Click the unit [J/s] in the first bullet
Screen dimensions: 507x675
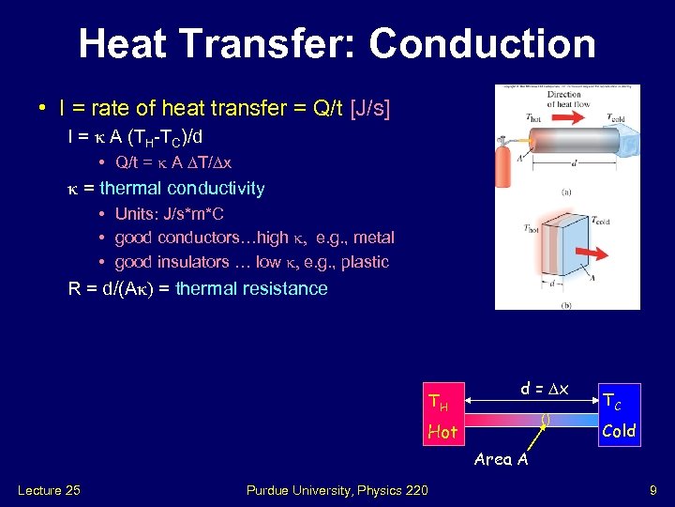(369, 109)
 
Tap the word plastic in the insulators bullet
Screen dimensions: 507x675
(365, 262)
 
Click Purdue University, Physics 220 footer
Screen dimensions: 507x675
(337, 490)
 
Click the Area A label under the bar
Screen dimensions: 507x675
(501, 459)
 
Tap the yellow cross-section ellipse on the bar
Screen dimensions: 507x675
(547, 420)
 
